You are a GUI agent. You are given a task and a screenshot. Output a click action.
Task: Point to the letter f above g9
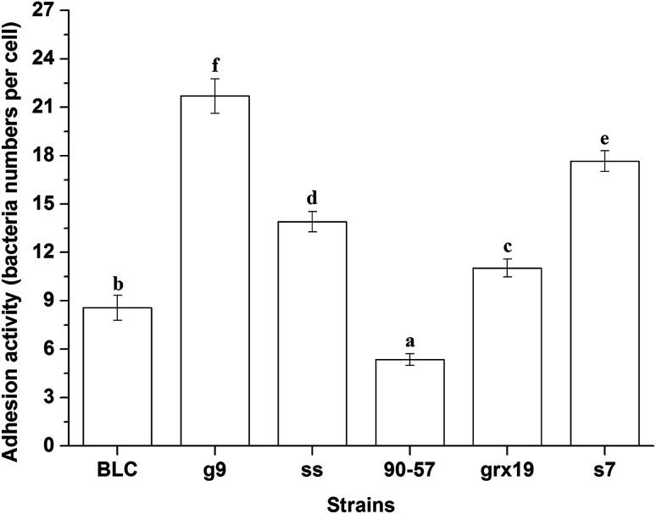click(216, 65)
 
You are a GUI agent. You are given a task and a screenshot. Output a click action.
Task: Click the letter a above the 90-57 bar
click(411, 340)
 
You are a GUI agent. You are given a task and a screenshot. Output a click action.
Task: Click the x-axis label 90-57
click(411, 468)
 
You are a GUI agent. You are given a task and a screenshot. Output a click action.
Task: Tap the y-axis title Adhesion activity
click(12, 229)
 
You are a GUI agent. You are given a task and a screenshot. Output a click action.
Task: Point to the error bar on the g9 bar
click(216, 96)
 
